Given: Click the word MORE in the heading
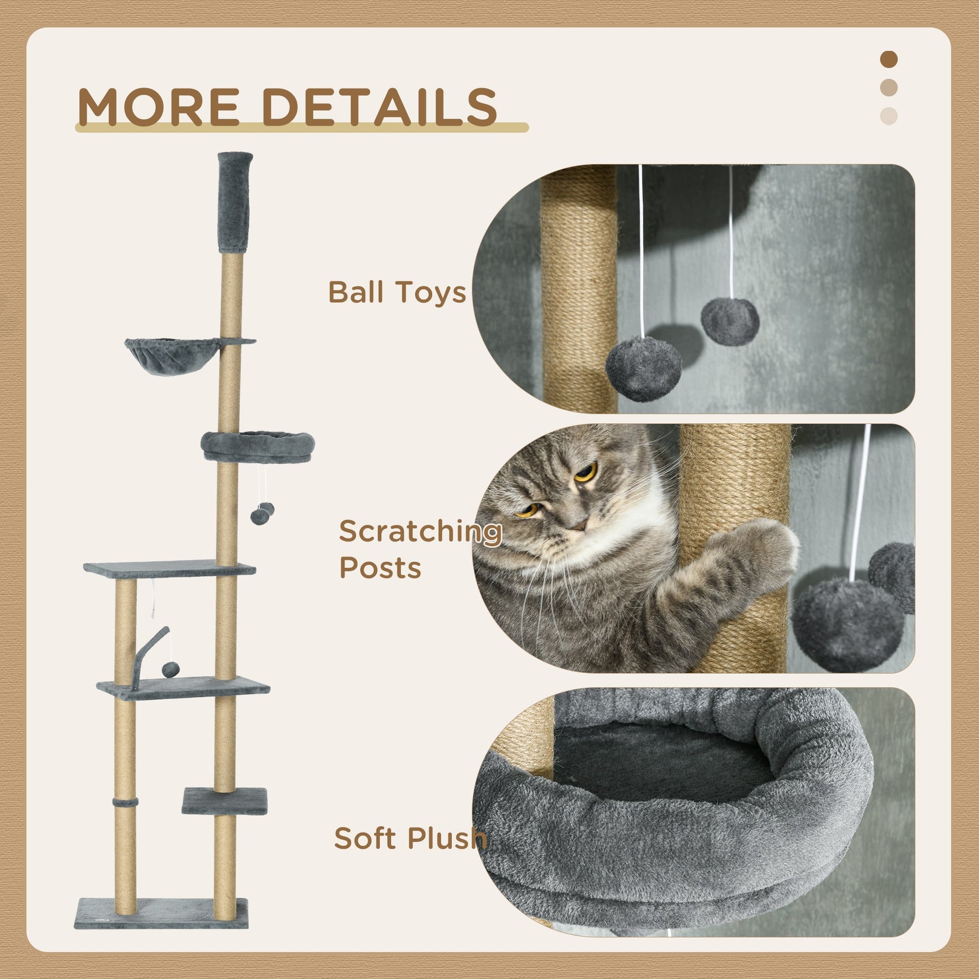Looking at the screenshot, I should [x=158, y=107].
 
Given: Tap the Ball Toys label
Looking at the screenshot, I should [x=397, y=292].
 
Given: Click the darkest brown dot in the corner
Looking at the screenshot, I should [x=889, y=59].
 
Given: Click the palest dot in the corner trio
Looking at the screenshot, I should [x=889, y=116].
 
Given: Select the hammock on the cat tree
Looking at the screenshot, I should [x=172, y=356].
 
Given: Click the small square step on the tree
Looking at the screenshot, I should [x=224, y=800].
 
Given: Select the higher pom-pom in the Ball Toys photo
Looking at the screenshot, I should [x=729, y=321].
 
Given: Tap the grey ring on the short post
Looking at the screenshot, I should [x=125, y=803].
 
